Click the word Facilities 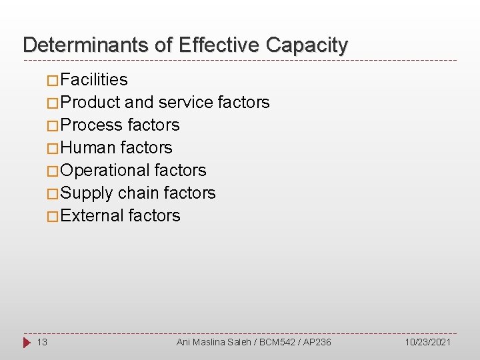[94, 80]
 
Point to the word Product [90, 103]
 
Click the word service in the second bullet [185, 103]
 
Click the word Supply [87, 193]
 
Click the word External [92, 216]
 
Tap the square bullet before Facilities [53, 81]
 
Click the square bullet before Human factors [53, 149]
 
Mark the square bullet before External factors [53, 217]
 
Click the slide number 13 [42, 342]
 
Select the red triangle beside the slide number [27, 343]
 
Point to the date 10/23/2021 [427, 342]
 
